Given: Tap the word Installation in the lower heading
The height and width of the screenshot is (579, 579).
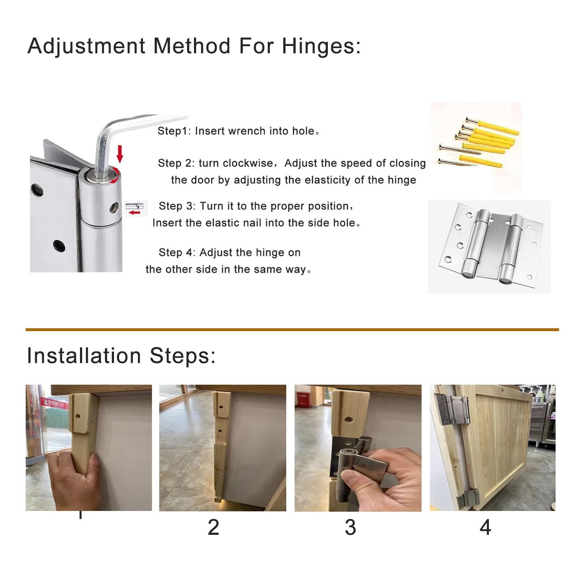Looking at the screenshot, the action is click(x=84, y=355).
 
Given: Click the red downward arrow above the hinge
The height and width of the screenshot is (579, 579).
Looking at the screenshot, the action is click(x=120, y=154).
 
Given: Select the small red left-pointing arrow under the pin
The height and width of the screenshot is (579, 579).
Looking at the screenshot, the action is click(x=134, y=212).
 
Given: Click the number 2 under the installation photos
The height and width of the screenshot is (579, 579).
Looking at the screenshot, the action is click(x=214, y=527).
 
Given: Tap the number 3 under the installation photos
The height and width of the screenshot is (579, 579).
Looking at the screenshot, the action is click(x=350, y=527).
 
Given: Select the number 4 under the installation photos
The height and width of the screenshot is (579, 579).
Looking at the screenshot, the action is click(x=485, y=527).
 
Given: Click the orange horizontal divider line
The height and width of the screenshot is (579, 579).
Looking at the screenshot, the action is click(x=292, y=330).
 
